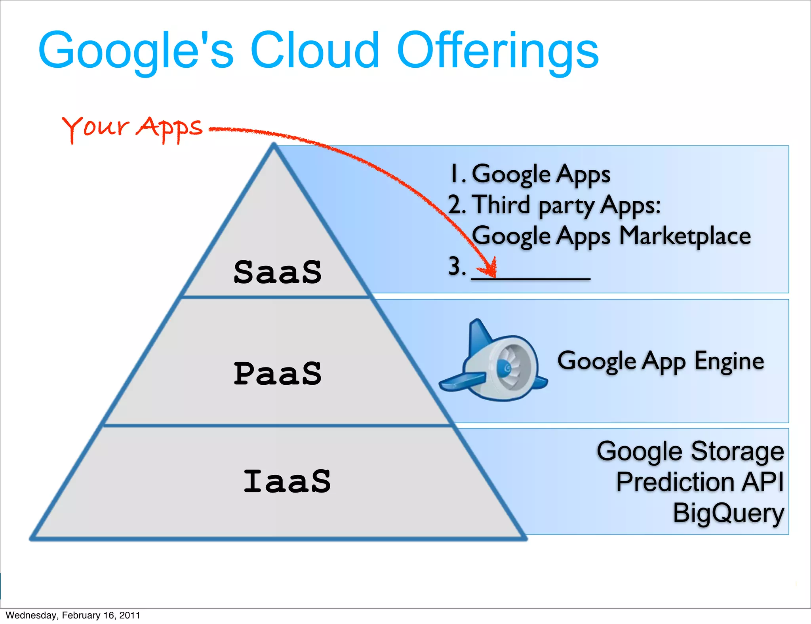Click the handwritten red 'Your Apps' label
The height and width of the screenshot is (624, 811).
coord(132,128)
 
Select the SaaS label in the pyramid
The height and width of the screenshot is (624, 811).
coord(277,272)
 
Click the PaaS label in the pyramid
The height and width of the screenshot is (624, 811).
coord(277,374)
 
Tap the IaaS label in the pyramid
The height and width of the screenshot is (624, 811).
coord(287,481)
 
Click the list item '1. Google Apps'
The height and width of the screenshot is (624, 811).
coord(530,174)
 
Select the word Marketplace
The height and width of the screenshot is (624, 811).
coord(685,236)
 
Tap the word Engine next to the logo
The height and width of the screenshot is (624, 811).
coord(729,361)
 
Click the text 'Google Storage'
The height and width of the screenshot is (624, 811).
coord(690,451)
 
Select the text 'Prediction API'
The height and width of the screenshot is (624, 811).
coord(700,482)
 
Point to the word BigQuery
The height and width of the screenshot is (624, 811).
coord(728,513)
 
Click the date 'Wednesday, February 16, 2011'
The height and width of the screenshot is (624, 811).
coord(73,615)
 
